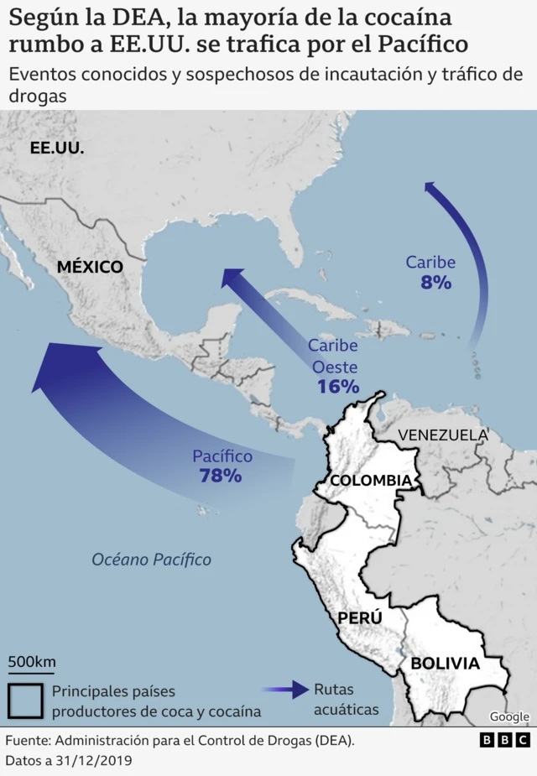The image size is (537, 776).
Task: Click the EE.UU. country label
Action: click(57, 148)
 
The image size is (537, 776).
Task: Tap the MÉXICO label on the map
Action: click(90, 267)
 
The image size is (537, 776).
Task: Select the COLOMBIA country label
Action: click(371, 480)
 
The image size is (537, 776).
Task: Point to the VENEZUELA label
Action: click(442, 435)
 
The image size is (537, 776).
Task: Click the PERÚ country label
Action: click(360, 617)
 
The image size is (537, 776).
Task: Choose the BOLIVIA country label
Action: click(445, 663)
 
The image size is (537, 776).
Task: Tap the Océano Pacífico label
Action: click(151, 560)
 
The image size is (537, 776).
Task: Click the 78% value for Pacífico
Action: click(221, 476)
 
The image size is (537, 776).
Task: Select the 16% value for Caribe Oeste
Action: click(338, 387)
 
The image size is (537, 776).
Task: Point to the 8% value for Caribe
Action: click(436, 283)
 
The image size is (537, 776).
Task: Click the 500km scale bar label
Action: click(32, 661)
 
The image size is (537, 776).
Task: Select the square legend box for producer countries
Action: click(26, 701)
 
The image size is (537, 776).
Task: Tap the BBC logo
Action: click(505, 740)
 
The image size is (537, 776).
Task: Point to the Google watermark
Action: click(509, 716)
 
